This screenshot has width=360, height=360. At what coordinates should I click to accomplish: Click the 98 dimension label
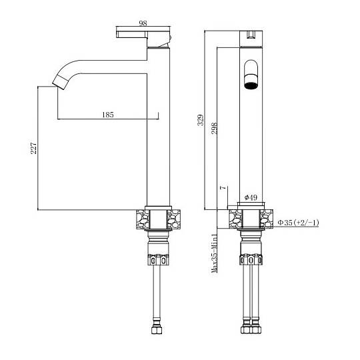pos(143,23)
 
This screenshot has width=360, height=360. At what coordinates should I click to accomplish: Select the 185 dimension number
pos(108,115)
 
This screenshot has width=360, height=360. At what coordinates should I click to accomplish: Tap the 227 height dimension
pos(34,148)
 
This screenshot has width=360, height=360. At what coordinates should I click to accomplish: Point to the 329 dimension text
pos(201,120)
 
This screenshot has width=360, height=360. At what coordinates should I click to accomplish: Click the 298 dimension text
pos(214,129)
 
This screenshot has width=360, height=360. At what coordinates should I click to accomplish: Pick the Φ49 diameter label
pos(251,197)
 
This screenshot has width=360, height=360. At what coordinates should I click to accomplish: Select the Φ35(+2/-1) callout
pos(298,222)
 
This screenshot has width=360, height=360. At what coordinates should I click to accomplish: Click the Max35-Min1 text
pos(214,253)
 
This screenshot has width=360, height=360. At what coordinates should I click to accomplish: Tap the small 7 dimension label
pos(223,188)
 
